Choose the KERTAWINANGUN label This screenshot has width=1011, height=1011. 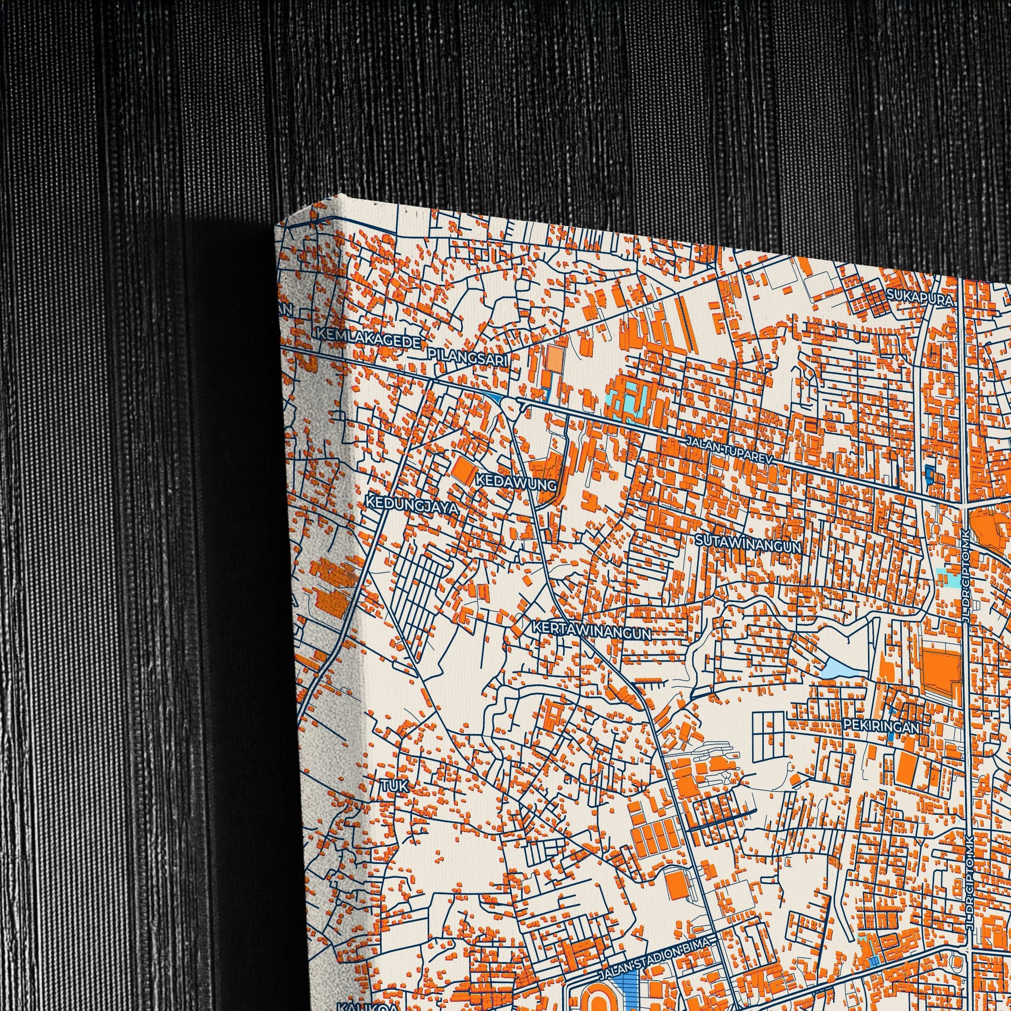tap(591, 632)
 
